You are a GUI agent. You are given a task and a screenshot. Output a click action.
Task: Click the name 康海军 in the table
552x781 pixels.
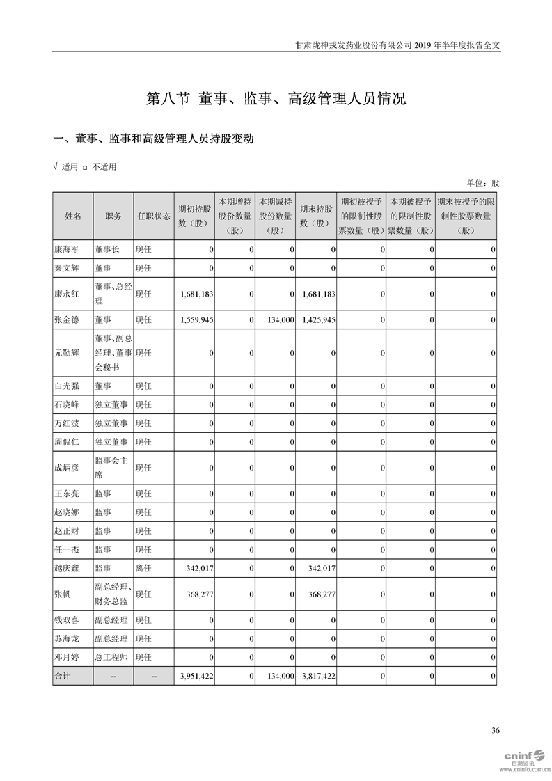coord(68,248)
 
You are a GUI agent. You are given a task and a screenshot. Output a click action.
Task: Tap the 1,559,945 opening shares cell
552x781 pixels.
coord(196,319)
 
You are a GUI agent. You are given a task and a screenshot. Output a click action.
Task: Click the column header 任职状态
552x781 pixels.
coord(154,216)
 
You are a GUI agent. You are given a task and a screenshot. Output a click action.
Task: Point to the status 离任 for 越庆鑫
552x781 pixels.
coord(143,568)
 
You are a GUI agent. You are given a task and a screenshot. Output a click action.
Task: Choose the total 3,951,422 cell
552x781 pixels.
coord(196,675)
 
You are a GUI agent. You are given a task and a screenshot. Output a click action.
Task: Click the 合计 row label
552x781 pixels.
coord(63,675)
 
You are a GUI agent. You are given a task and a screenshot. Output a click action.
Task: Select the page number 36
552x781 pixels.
coord(495,730)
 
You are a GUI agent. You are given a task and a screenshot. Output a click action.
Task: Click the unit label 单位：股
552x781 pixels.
coord(482,183)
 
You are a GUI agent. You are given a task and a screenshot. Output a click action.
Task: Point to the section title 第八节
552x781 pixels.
coord(168,98)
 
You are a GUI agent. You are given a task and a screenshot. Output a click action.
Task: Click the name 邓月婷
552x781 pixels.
coord(68,656)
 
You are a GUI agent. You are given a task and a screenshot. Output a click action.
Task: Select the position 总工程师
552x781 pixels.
coord(111,656)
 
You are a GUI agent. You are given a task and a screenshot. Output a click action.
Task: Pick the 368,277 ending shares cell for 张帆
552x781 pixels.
coord(320,594)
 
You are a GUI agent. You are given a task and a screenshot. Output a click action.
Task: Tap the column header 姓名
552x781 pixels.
coord(73,216)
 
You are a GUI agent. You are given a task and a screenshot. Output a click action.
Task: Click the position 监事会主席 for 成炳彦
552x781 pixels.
coord(111,467)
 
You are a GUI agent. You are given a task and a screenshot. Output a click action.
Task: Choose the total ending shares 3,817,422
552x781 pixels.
coord(320,675)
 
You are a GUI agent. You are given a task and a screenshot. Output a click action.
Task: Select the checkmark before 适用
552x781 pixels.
coord(56,166)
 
